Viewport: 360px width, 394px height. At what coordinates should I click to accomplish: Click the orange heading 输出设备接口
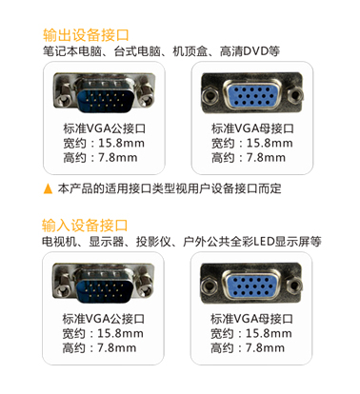[x=86, y=35]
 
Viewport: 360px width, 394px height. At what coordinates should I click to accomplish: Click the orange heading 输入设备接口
[x=85, y=226]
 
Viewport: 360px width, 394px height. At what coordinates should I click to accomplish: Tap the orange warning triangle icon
[x=48, y=188]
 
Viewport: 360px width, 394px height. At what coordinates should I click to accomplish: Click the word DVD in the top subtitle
[x=255, y=50]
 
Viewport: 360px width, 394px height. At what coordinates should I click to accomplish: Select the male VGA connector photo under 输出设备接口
[x=104, y=92]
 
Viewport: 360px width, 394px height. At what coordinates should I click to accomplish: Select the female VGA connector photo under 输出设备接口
[x=252, y=91]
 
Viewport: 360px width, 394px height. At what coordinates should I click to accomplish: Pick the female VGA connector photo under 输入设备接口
[x=251, y=283]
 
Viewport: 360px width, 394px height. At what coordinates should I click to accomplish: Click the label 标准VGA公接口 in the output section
[x=104, y=128]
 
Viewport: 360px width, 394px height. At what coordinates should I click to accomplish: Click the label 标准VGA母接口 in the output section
[x=252, y=128]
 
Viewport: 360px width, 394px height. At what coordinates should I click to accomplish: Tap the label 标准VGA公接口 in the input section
[x=103, y=319]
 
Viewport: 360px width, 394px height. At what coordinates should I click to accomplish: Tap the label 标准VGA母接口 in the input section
[x=251, y=319]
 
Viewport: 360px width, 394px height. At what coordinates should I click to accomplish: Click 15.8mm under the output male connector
[x=121, y=143]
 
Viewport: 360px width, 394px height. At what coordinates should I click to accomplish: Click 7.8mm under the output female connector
[x=266, y=158]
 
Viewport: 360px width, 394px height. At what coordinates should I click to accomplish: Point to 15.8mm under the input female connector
[x=269, y=333]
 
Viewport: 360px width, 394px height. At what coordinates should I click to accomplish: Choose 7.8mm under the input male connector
[x=117, y=348]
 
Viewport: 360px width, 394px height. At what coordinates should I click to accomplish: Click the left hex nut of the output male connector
[x=65, y=98]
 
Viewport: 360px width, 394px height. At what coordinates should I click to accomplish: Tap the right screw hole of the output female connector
[x=296, y=94]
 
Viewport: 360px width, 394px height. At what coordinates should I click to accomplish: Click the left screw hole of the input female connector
[x=209, y=285]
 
